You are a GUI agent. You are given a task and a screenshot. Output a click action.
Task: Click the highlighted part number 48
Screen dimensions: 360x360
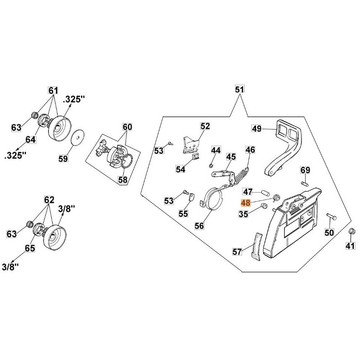click(x=246, y=203)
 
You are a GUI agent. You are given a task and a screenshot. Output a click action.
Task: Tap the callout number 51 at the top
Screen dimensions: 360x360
click(x=239, y=90)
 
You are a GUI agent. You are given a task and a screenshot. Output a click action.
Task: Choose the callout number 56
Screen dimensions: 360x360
click(x=199, y=226)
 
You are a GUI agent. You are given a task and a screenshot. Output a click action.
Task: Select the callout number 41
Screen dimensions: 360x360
click(x=350, y=245)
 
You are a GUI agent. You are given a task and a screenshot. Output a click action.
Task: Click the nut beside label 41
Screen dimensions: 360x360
click(x=352, y=232)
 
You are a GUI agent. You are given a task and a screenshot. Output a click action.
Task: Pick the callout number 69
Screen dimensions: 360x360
click(x=306, y=170)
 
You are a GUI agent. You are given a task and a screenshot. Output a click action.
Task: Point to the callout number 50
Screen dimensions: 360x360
click(x=329, y=232)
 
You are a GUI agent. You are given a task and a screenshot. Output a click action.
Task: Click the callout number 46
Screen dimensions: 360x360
click(x=250, y=150)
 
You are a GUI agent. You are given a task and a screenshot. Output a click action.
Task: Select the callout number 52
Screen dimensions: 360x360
click(x=205, y=126)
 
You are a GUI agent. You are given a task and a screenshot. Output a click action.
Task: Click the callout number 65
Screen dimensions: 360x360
click(x=30, y=248)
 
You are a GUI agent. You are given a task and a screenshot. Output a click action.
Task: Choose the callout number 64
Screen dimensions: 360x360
click(x=30, y=139)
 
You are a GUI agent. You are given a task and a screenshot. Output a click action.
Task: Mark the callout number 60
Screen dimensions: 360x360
click(x=128, y=127)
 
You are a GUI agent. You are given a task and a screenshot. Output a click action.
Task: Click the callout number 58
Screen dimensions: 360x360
click(x=122, y=180)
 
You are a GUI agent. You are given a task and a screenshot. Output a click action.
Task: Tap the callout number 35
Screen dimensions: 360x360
click(x=243, y=214)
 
